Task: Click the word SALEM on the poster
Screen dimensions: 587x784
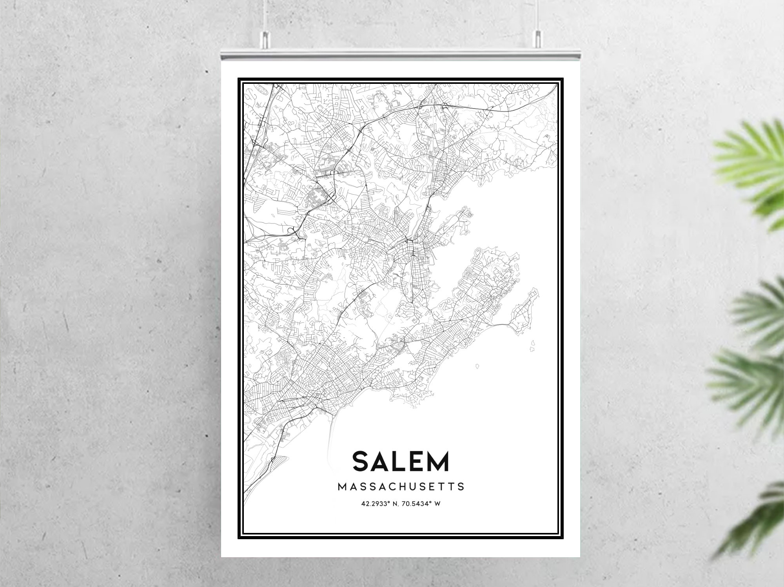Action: pos(401,461)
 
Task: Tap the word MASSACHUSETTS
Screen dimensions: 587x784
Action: pos(401,487)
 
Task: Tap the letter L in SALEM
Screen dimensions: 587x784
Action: pos(399,461)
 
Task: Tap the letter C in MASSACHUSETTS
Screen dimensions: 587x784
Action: pos(396,487)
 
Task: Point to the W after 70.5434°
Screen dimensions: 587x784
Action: pos(437,504)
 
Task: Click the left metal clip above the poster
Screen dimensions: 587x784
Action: pos(265,39)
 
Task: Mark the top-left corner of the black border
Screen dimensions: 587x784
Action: pos(239,79)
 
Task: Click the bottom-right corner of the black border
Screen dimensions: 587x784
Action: pos(563,538)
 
